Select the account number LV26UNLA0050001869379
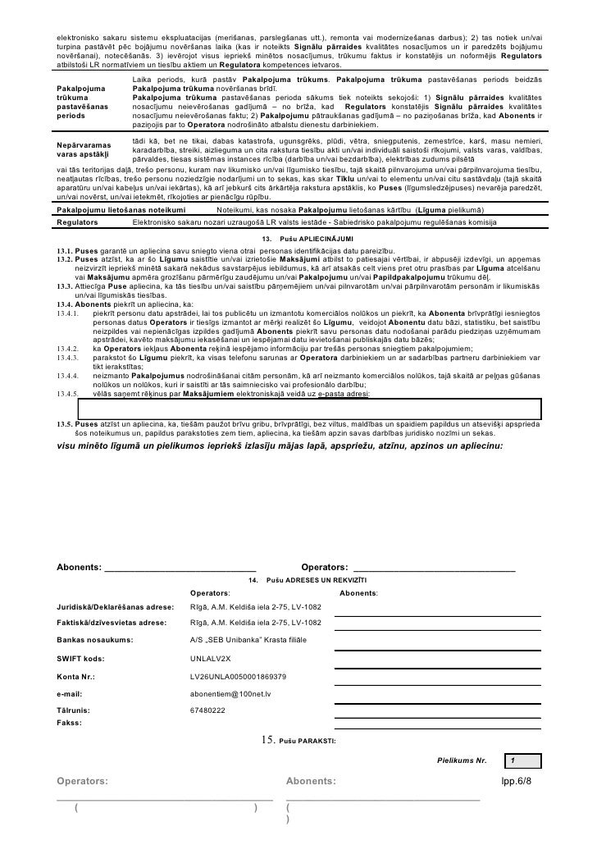tap(237, 677)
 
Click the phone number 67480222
tap(207, 711)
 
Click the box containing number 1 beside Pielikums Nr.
tap(523, 760)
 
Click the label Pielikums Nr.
tap(462, 760)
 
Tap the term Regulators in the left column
tap(78, 222)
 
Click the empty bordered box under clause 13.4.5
tap(309, 408)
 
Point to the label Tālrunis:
tap(73, 711)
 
